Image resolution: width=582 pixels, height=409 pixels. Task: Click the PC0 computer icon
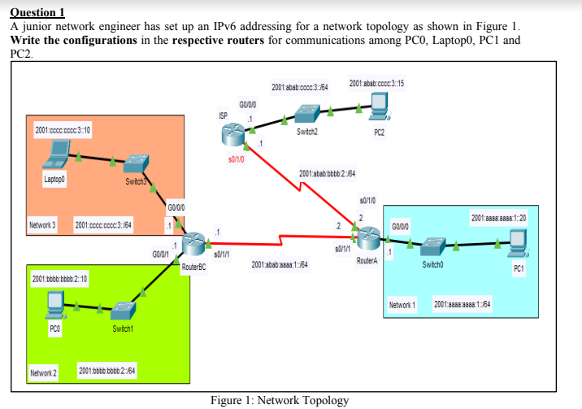click(x=54, y=303)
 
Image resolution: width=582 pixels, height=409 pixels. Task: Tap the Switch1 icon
click(x=123, y=310)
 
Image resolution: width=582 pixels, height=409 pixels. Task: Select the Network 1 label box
click(x=402, y=304)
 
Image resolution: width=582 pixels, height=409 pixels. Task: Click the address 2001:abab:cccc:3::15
click(x=377, y=84)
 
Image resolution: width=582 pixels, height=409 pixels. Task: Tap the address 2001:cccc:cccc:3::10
click(x=63, y=129)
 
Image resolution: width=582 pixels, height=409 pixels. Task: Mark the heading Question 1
click(x=37, y=12)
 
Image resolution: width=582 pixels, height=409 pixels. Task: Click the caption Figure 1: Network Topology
click(x=280, y=400)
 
